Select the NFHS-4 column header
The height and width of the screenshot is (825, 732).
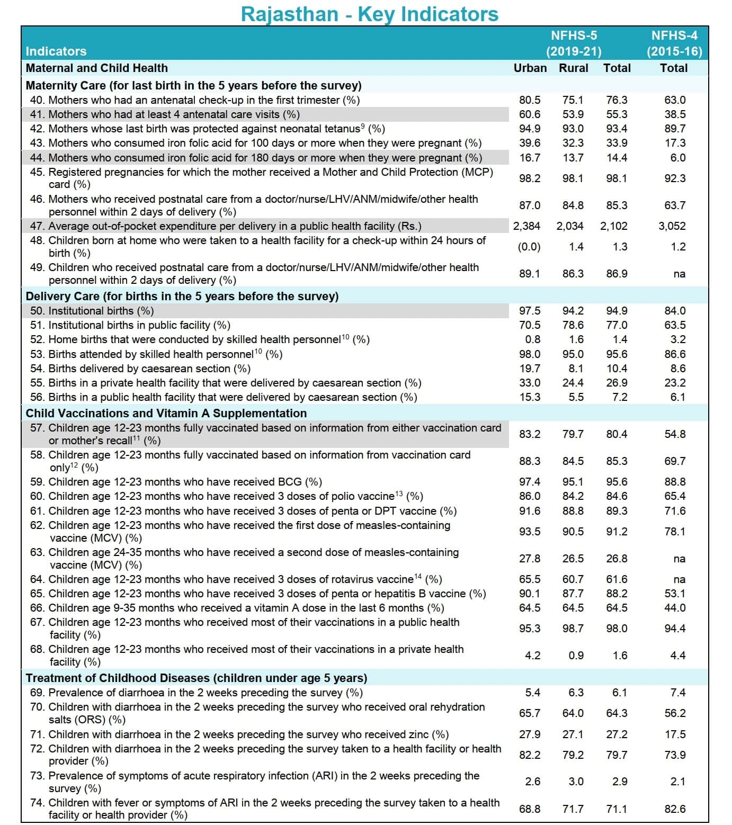coord(674,35)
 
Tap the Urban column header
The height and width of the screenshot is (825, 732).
coord(530,68)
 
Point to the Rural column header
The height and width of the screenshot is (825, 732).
coord(573,68)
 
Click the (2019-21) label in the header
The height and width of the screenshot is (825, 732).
coord(574,52)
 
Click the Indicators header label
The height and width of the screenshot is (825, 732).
coord(56,51)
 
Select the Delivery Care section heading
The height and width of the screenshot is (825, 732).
coord(182,296)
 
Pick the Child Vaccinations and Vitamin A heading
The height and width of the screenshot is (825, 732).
coord(166,413)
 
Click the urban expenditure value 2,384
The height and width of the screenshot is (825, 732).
coord(526,226)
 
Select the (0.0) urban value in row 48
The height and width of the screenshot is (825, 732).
coord(529,247)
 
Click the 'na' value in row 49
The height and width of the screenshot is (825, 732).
coord(679,274)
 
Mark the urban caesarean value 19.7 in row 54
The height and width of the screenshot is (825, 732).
coord(530,369)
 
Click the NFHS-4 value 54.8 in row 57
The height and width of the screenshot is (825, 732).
coord(675,434)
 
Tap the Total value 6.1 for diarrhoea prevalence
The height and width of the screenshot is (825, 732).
coord(619,693)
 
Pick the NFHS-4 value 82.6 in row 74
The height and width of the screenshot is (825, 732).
coord(675,809)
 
